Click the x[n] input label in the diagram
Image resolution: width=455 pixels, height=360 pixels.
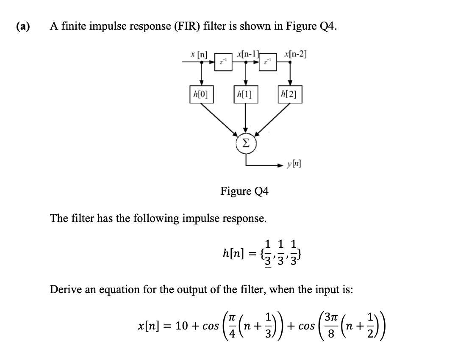[x=199, y=55]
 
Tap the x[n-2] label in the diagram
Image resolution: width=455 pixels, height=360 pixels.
[x=296, y=54]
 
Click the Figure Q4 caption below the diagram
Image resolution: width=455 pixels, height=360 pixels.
[x=244, y=191]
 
